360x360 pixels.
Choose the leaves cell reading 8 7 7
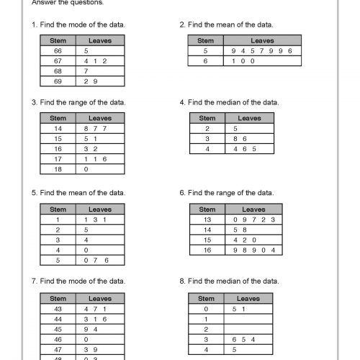point(99,128)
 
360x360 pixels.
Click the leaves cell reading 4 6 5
point(249,148)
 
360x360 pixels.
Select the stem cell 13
point(207,219)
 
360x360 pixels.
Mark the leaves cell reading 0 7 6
point(99,259)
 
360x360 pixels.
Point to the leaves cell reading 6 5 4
point(248,338)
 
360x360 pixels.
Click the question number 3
point(34,102)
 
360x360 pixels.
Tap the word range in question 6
point(230,193)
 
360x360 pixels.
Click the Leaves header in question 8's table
point(248,298)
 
